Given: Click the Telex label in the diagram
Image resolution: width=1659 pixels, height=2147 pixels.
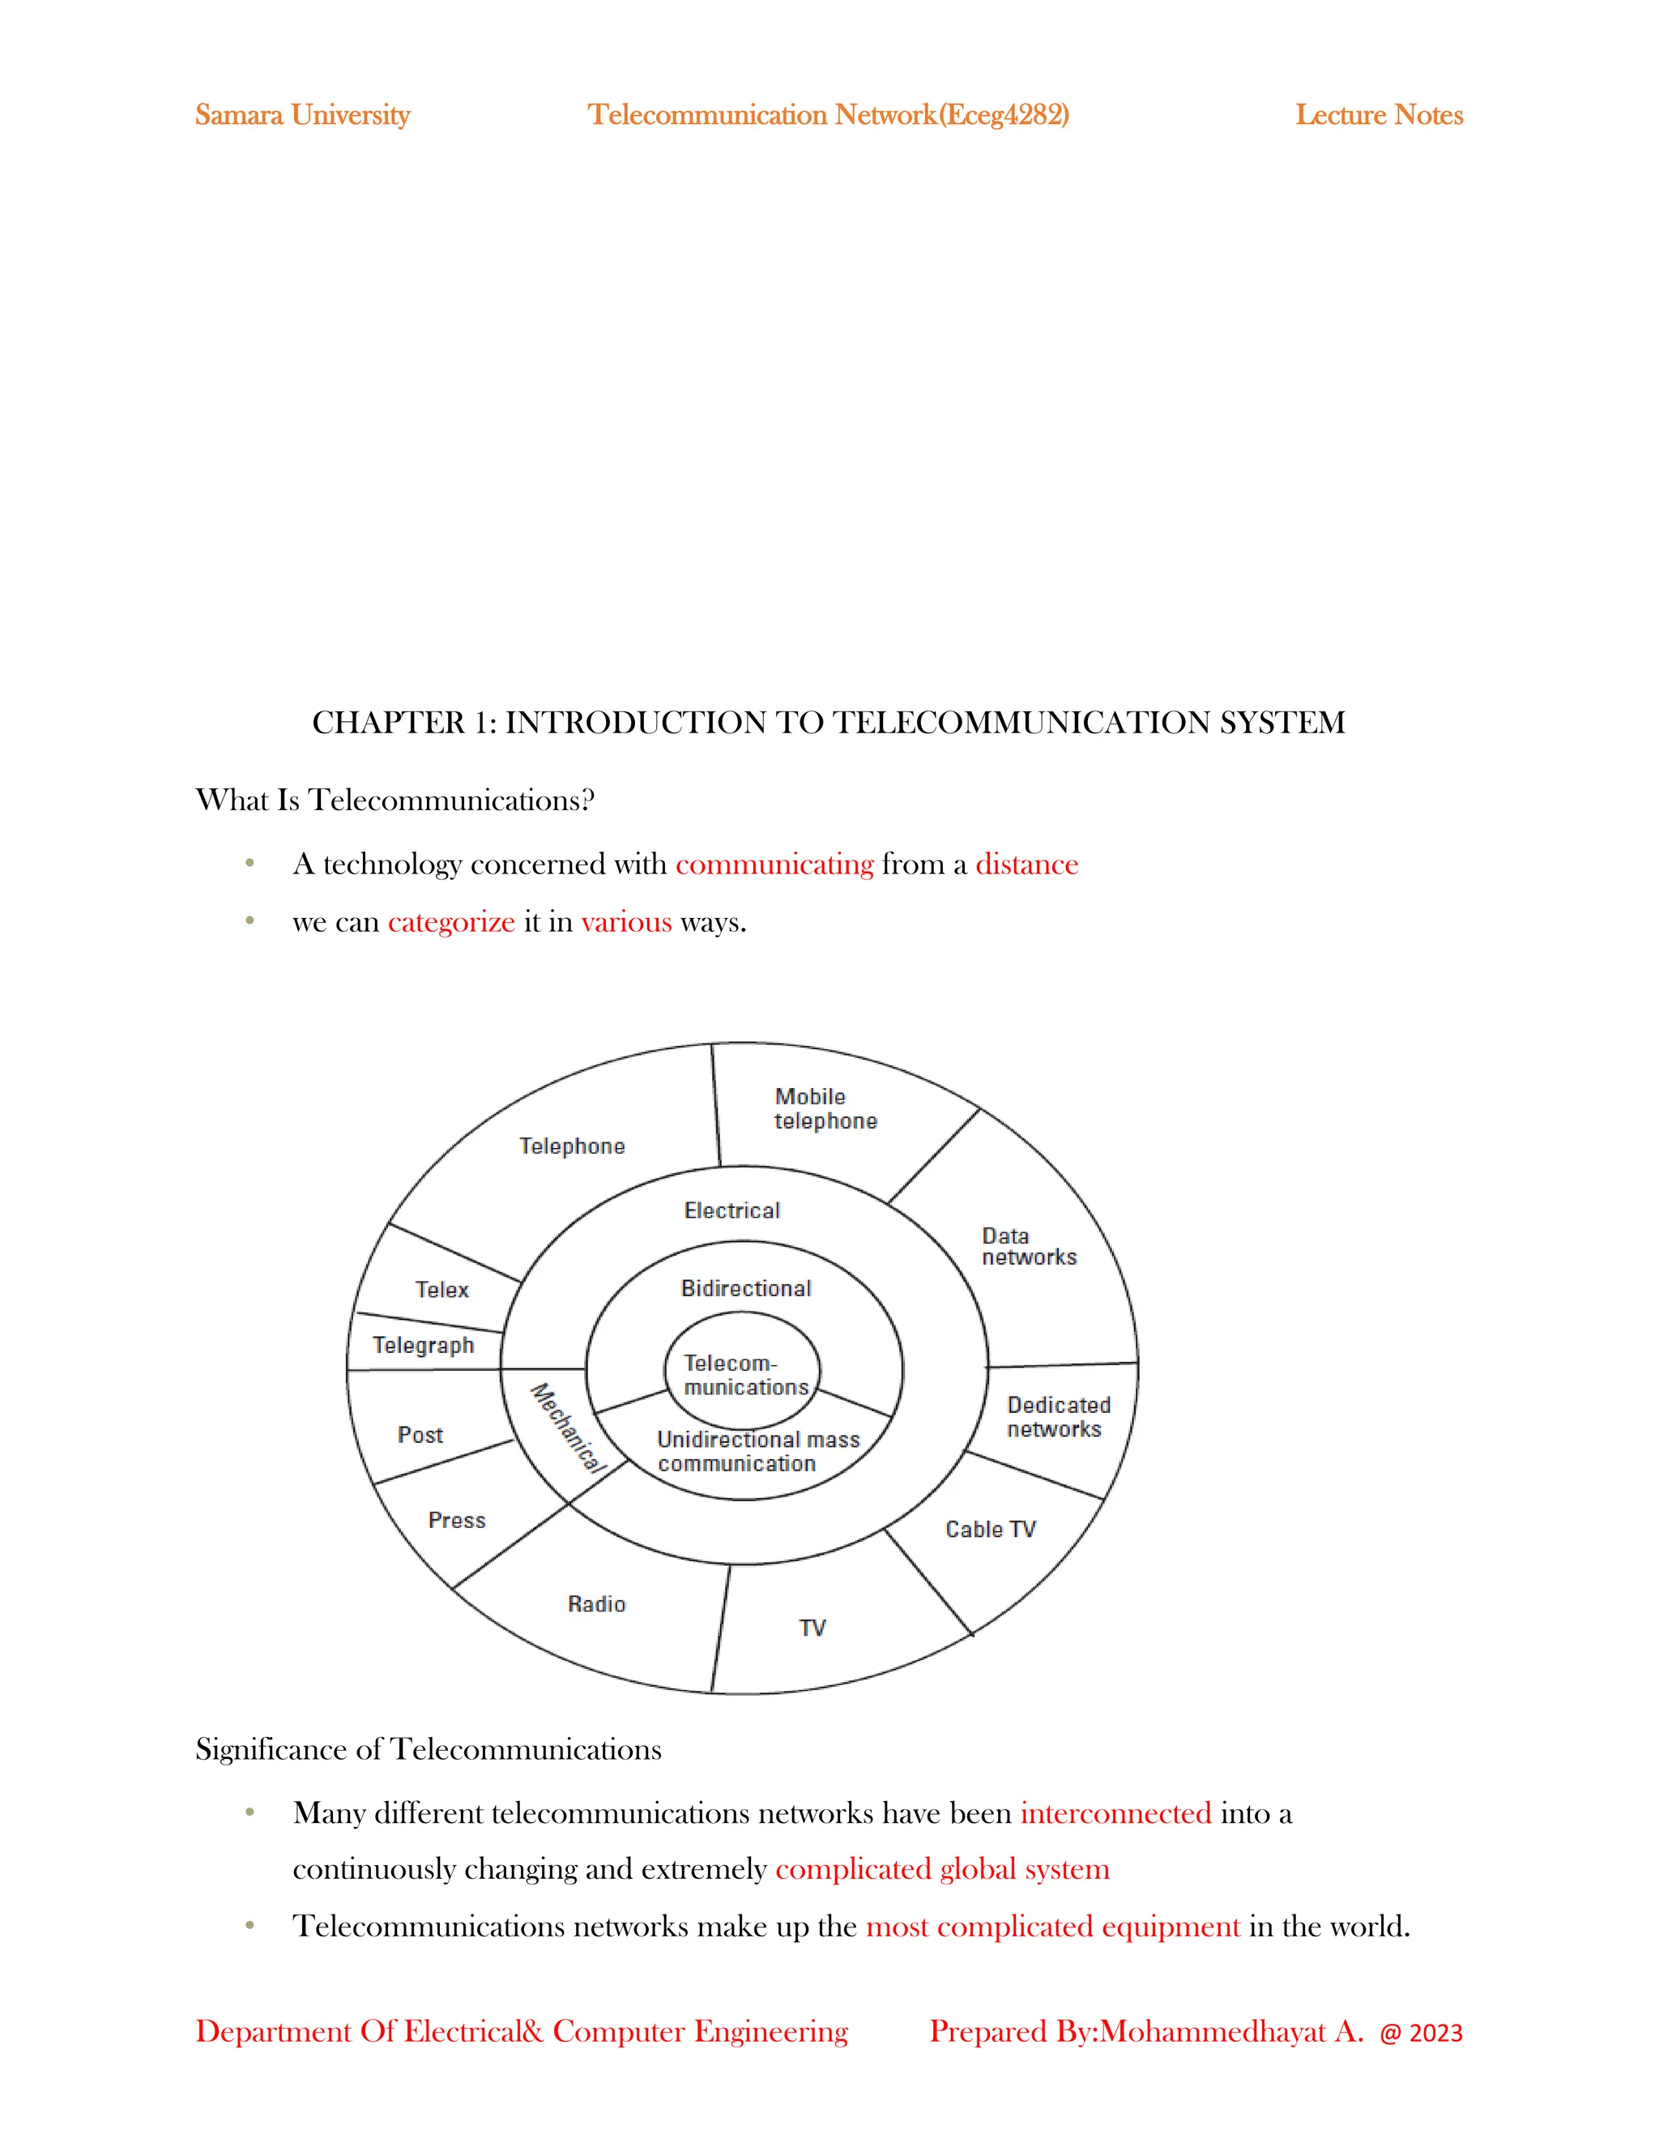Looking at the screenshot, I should click(441, 1289).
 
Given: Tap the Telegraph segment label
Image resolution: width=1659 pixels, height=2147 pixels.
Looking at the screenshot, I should click(423, 1345).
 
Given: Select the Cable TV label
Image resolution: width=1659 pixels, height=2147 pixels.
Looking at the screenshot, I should click(990, 1529).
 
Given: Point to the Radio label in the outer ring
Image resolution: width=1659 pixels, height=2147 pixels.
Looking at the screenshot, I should click(596, 1603).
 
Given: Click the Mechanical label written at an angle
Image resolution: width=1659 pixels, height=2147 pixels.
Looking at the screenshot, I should click(568, 1428).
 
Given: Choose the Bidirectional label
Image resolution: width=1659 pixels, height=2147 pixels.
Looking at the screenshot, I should click(746, 1288).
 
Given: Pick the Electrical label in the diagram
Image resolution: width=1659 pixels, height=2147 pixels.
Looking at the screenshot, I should click(732, 1210).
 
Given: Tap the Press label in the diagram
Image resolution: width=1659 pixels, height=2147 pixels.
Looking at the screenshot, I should click(457, 1520).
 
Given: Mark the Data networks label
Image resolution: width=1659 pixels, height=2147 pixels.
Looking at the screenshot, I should click(1028, 1247).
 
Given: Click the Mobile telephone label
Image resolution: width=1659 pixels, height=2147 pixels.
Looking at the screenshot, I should click(825, 1109).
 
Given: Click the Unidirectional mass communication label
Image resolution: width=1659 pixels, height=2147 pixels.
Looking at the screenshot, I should click(757, 1451).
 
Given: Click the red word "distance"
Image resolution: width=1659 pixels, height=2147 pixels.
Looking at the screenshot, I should click(1026, 864).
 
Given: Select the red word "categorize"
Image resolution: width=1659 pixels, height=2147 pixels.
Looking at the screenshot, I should click(451, 922).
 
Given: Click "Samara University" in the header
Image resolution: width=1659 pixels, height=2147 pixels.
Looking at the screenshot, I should click(303, 115).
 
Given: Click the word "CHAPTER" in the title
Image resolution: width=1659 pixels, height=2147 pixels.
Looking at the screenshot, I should click(388, 723).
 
